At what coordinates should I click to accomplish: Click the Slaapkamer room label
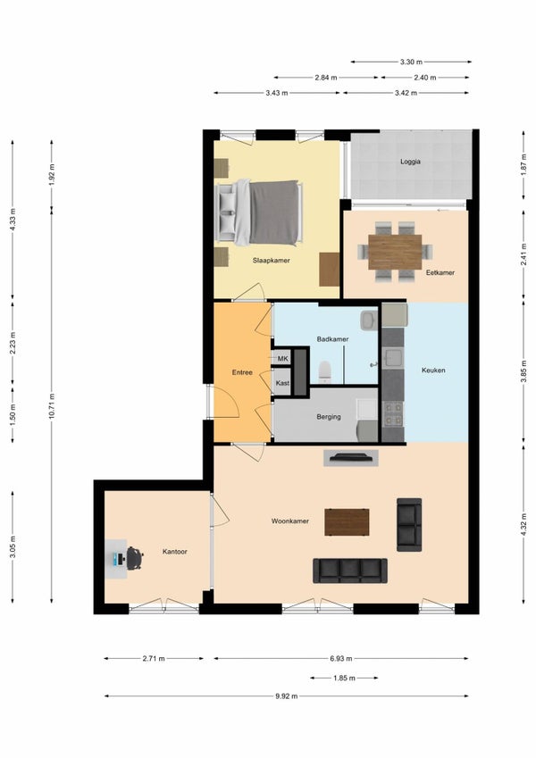271,261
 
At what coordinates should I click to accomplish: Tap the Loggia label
410,162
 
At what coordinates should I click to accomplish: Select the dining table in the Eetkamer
395,252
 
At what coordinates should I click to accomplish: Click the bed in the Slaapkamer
259,212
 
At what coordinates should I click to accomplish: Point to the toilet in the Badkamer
325,371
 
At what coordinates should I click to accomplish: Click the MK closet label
283,359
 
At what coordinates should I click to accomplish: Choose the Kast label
282,383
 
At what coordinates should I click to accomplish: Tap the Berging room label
329,417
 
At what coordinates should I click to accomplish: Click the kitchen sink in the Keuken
393,358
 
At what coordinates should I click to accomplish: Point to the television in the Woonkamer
351,457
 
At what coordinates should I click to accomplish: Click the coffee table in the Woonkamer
347,522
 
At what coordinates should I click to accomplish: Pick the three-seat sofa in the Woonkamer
350,571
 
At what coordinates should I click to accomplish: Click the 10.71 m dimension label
52,406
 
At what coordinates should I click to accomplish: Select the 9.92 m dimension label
287,696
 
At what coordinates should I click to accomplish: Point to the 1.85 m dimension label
344,678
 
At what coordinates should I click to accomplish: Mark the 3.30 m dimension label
411,62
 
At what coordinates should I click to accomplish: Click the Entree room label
242,372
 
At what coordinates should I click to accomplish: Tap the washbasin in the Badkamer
369,320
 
